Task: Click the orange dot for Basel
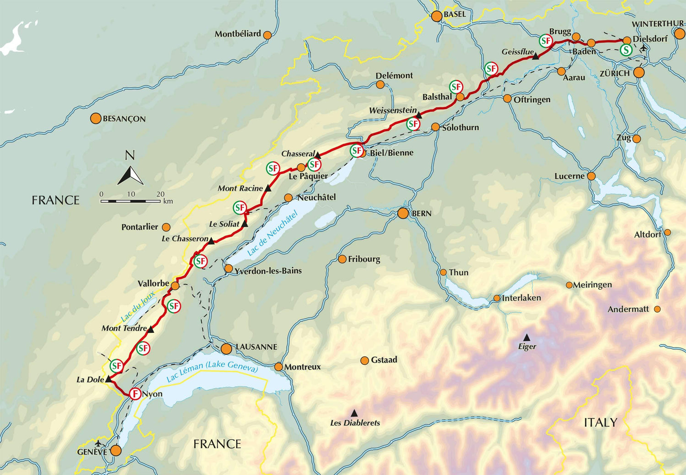(437, 16)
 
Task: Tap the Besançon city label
(124, 119)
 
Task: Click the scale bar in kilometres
(130, 201)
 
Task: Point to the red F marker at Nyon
(135, 394)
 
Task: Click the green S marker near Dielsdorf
(626, 50)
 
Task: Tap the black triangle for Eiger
(527, 337)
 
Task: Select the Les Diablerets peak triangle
(354, 413)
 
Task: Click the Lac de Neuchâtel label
(272, 233)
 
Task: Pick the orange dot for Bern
(403, 213)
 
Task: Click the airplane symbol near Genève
(98, 443)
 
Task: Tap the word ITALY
(600, 423)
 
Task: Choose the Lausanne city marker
(226, 349)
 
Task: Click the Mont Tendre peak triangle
(151, 329)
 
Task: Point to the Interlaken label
(521, 298)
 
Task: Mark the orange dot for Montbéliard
(268, 35)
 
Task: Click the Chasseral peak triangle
(318, 155)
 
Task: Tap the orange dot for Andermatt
(657, 310)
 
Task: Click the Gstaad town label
(384, 360)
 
